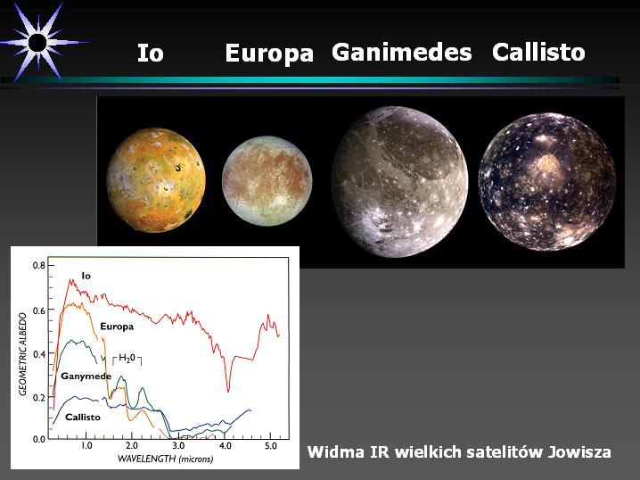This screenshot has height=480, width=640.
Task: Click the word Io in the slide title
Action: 151,53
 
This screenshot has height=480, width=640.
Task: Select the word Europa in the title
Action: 269,54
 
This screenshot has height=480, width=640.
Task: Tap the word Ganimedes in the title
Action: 402,53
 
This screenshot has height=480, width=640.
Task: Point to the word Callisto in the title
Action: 538,53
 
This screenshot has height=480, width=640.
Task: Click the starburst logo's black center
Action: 37,43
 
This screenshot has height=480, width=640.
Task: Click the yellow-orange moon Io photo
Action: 156,179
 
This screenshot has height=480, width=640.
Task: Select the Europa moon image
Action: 267,180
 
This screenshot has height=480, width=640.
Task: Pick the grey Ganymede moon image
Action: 400,182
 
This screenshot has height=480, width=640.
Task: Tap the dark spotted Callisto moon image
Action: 547,182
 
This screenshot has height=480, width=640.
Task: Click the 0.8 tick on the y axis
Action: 40,266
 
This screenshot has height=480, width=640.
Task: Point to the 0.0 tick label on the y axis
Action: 39,439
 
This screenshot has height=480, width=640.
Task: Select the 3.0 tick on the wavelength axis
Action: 178,446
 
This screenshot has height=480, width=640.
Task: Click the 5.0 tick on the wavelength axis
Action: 271,446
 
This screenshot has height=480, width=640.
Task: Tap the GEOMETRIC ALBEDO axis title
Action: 23,354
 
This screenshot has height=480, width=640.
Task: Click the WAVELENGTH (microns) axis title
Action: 165,459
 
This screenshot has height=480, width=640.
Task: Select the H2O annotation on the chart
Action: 127,359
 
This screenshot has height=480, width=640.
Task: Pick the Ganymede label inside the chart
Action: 86,377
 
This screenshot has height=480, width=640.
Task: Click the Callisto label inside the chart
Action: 82,417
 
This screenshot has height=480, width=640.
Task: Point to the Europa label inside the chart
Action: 117,327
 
